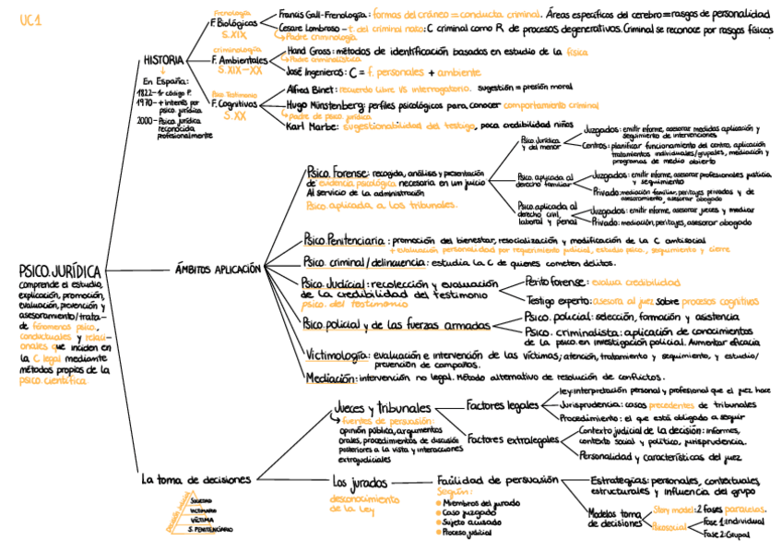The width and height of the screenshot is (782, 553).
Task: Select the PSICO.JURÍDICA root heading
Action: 59,271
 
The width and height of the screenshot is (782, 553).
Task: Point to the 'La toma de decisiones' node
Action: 195,480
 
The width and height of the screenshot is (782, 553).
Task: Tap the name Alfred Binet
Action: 309,90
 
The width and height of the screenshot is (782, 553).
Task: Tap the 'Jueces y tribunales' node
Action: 382,409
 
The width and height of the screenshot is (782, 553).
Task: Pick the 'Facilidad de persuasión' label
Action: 498,480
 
